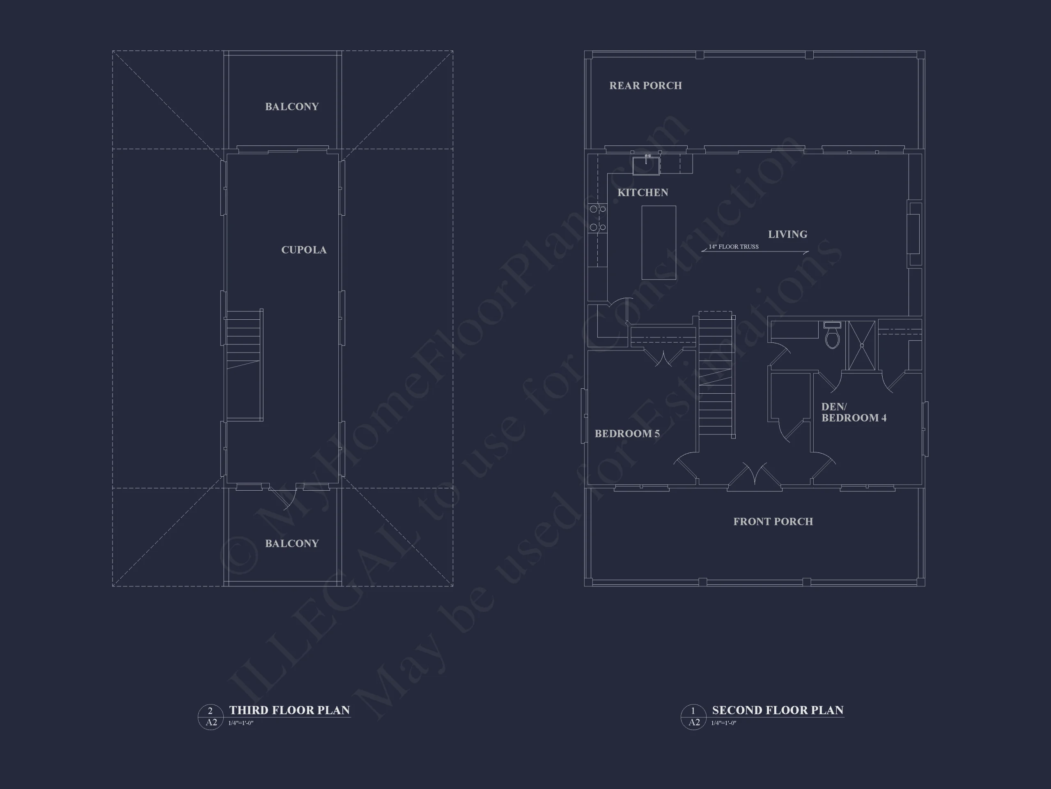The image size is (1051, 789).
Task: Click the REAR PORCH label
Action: tap(645, 85)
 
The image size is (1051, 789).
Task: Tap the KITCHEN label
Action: tap(643, 193)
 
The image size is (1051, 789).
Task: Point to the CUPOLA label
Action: tap(304, 250)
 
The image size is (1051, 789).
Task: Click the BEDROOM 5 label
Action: tap(627, 433)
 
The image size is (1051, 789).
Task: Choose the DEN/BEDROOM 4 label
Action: tap(854, 412)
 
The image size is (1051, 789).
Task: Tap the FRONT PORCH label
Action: tap(773, 522)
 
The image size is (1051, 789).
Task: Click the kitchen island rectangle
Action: tap(659, 242)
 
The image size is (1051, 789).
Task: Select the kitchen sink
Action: tap(646, 166)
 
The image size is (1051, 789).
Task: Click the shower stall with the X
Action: tap(861, 346)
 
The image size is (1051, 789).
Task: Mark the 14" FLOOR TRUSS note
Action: tap(734, 247)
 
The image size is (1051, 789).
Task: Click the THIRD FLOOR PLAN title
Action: tap(289, 711)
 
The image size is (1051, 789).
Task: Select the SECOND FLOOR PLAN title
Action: tap(778, 711)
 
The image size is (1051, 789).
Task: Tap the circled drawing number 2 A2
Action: tap(211, 717)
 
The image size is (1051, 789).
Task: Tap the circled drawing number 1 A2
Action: tap(693, 717)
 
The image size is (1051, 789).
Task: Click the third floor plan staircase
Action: tap(244, 365)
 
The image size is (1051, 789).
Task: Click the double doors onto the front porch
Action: tap(755, 476)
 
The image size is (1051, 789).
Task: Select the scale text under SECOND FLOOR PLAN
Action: tap(724, 723)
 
